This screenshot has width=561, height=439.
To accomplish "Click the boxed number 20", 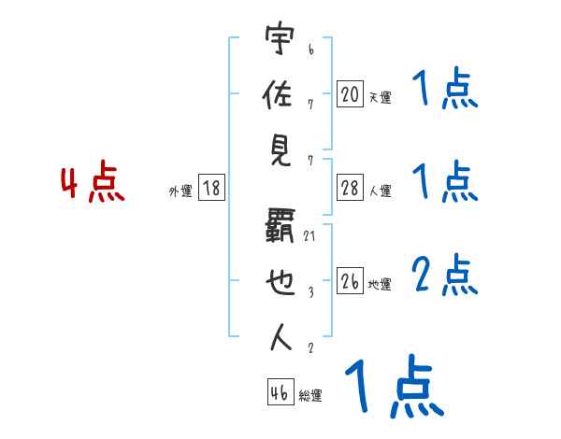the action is (350, 93).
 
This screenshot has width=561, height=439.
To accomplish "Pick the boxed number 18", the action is (211, 189).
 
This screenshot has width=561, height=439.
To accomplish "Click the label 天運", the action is (380, 97).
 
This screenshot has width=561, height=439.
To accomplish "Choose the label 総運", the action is (310, 396).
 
